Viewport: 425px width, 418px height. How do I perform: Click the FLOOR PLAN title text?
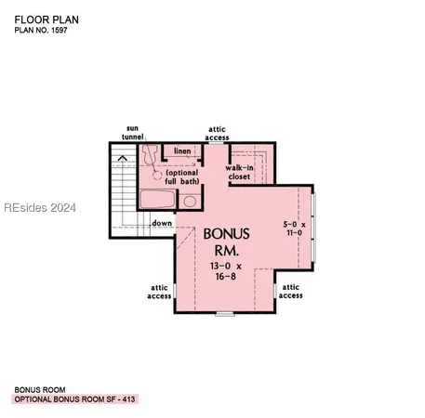[44, 18]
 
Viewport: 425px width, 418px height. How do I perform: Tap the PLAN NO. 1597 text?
[42, 31]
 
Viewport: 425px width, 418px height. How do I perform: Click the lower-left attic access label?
[158, 292]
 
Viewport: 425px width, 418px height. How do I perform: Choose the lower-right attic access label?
[290, 292]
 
